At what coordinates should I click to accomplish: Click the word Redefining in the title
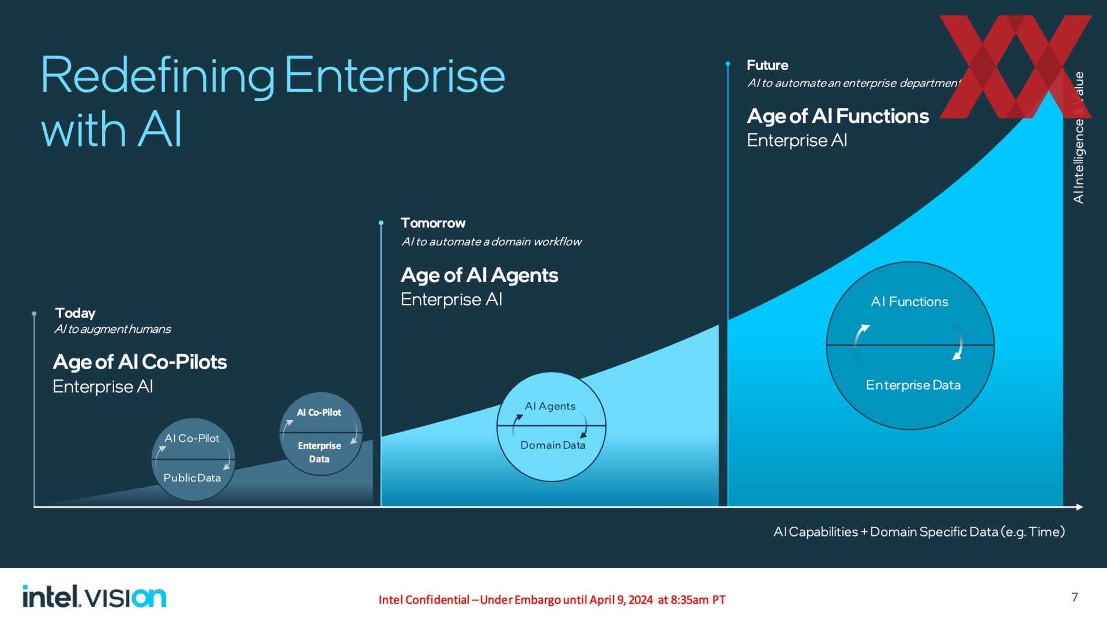click(157, 76)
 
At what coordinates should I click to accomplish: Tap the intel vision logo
click(95, 596)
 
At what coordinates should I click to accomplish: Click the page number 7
click(1075, 597)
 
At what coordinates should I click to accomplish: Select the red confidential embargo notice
click(552, 600)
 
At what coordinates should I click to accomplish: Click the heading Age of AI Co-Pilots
click(140, 362)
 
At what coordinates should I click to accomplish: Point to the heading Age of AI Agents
click(479, 275)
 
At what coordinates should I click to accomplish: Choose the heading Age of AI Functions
click(838, 116)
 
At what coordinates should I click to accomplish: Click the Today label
click(76, 313)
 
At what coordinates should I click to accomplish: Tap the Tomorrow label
click(433, 223)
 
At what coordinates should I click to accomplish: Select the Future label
click(767, 65)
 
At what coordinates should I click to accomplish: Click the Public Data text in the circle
click(192, 478)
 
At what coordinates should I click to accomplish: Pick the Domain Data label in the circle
click(553, 445)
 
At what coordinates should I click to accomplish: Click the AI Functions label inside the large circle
click(909, 302)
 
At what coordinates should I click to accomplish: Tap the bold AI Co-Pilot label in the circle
click(319, 412)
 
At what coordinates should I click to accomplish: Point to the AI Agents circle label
click(550, 406)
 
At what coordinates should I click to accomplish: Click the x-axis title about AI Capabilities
click(919, 532)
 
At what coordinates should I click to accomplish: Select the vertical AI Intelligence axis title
click(1078, 137)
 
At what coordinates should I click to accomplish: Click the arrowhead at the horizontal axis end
click(1079, 507)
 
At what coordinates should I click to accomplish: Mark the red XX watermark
click(1016, 66)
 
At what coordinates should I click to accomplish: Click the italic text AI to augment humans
click(112, 329)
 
